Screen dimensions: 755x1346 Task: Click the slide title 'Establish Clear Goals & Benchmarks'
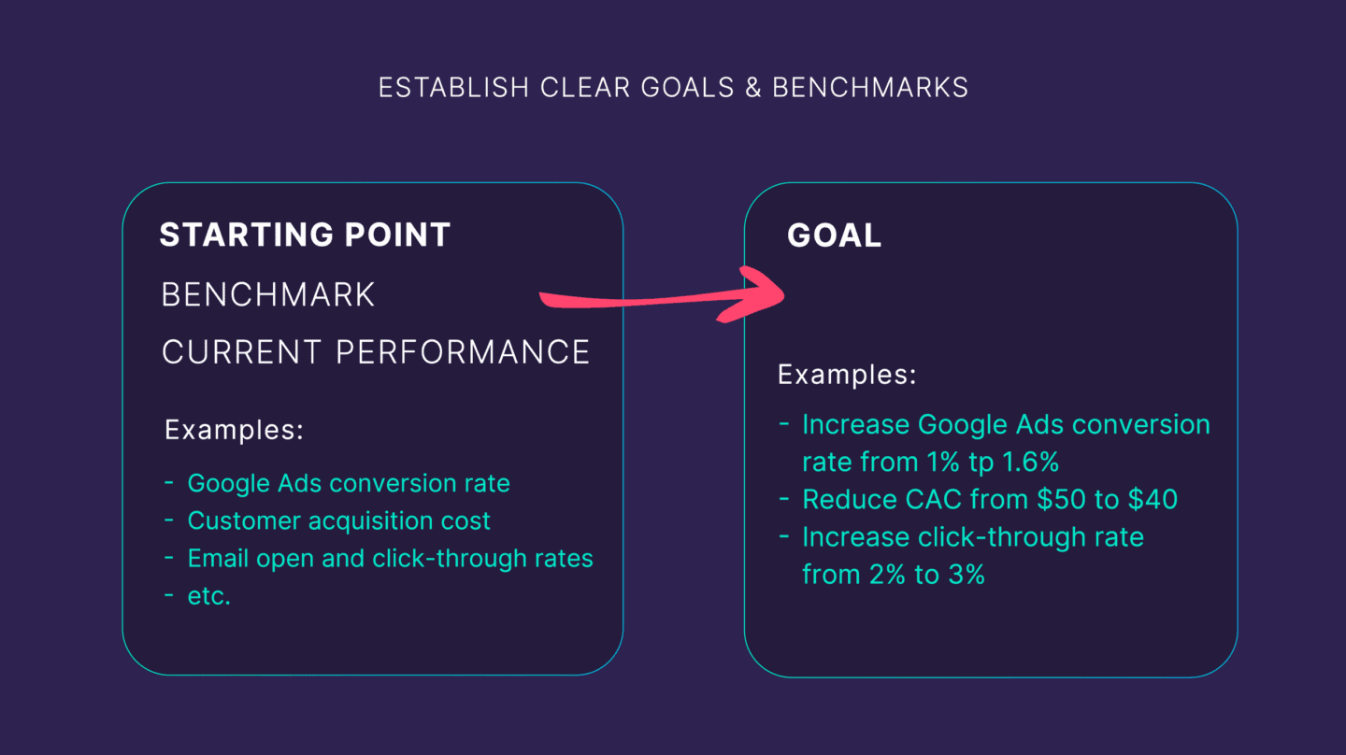click(673, 88)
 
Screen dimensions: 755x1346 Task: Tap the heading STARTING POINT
click(305, 235)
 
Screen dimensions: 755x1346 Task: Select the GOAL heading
click(834, 235)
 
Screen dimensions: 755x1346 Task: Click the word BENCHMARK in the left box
click(268, 295)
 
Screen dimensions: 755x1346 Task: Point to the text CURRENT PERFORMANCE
click(376, 352)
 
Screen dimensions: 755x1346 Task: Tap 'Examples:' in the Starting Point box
click(234, 431)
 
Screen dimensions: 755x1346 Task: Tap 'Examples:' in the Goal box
click(847, 376)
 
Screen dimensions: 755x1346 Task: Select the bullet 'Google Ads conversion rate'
click(349, 483)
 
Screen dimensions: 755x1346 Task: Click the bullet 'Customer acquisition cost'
click(338, 520)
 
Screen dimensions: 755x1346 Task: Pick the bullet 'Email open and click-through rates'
click(390, 559)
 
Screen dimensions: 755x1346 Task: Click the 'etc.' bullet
click(208, 596)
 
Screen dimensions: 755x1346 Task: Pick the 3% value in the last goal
click(966, 575)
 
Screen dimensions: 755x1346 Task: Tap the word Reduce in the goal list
click(845, 500)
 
